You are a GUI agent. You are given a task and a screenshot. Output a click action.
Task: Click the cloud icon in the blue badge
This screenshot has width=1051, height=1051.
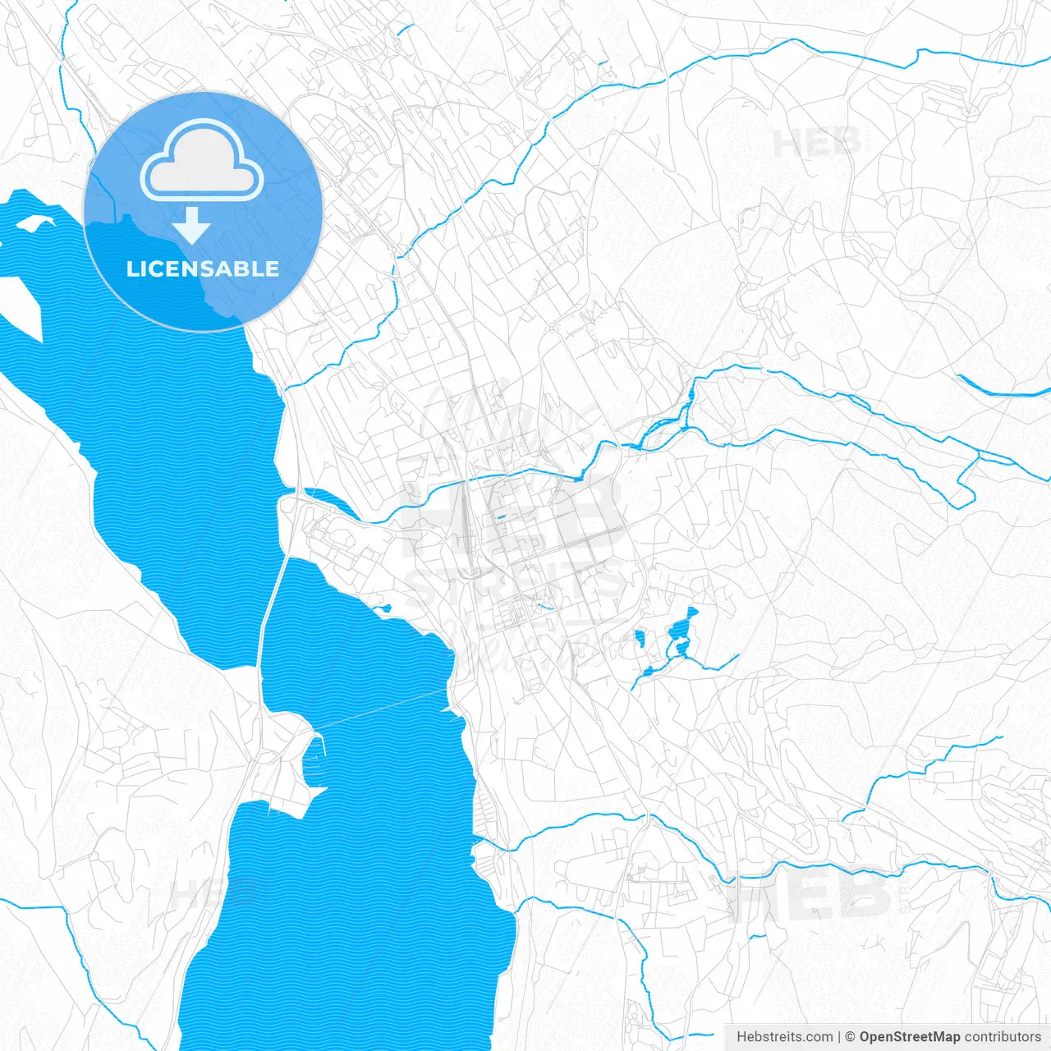coord(202,161)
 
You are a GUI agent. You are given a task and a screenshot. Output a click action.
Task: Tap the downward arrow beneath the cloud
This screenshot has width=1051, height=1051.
coord(192,225)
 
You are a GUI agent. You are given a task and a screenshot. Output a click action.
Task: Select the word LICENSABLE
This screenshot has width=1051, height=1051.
coord(202,269)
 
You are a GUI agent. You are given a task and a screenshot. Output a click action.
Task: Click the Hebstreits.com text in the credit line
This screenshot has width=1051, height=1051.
coord(784,1037)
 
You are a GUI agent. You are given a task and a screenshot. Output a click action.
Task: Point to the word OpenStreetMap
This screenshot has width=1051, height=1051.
coord(910,1037)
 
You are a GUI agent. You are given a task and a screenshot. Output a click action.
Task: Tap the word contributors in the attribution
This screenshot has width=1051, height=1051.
coord(1003,1037)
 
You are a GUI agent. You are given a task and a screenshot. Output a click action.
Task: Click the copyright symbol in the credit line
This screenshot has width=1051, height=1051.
coord(851,1037)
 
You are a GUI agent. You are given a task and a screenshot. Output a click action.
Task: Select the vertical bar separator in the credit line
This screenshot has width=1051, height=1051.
coord(839,1037)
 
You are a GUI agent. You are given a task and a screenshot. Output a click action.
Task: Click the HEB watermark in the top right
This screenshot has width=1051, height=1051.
coord(817,145)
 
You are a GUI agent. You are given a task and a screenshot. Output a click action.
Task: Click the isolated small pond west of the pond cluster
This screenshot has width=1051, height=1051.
coord(640,639)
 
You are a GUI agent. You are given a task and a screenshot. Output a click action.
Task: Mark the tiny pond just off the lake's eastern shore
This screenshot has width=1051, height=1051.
coord(383,608)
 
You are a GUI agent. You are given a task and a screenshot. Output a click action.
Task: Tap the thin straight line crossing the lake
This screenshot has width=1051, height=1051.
coord(378,711)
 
